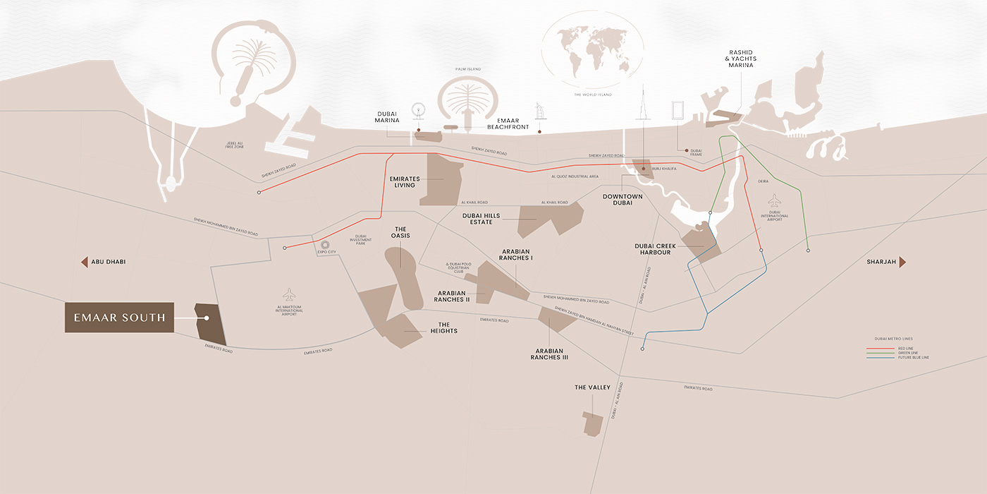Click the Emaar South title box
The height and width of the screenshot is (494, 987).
coord(120,318)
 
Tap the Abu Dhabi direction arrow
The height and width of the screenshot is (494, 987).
coord(84,262)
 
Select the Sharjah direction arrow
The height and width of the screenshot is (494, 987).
coord(902,262)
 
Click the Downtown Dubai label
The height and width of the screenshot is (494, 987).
coord(623,199)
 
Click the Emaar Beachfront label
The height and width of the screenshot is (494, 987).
coord(508,123)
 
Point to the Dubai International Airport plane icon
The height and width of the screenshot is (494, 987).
coord(775,200)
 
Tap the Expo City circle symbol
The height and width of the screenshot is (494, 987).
coord(325,244)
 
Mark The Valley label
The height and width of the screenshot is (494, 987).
coord(592,387)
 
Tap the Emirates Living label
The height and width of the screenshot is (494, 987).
coord(405,182)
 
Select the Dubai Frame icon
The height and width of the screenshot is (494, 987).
coord(678,112)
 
